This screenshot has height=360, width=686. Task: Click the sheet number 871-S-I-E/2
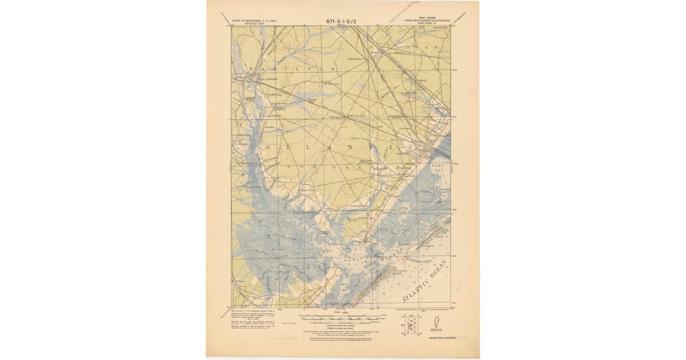[x=342, y=21]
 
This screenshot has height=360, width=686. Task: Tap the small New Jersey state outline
[x=434, y=323]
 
